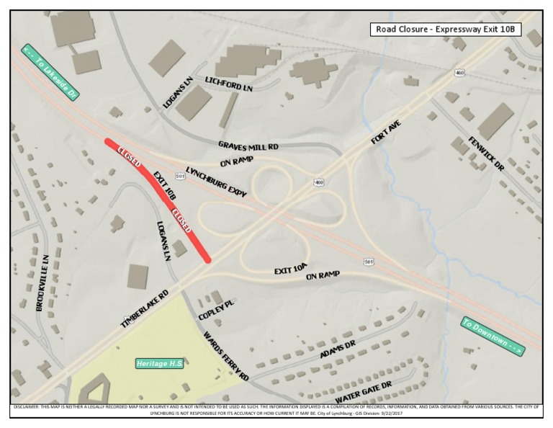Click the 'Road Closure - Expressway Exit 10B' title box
(x=446, y=30)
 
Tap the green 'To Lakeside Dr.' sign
(x=50, y=72)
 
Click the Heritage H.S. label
(x=160, y=363)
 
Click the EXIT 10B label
(x=165, y=185)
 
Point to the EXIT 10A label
(x=291, y=269)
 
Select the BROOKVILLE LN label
(x=42, y=282)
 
